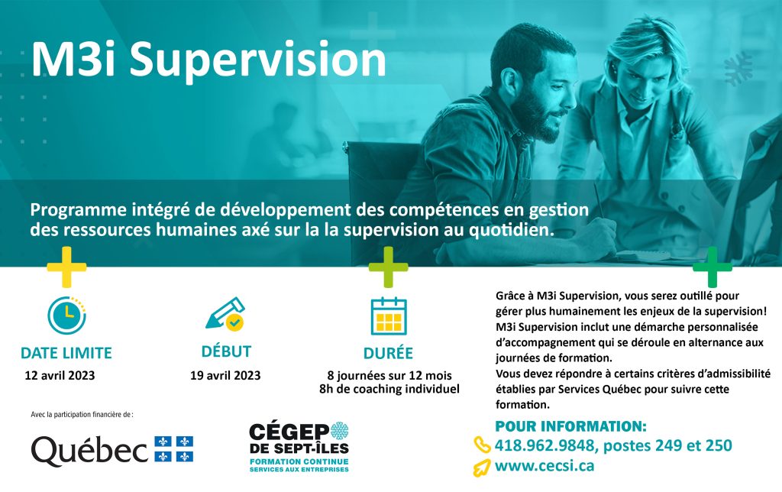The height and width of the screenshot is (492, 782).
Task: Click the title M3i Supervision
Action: tap(208, 60)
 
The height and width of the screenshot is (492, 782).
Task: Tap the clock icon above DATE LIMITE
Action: tap(67, 315)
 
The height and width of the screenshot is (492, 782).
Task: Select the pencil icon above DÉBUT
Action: tap(225, 314)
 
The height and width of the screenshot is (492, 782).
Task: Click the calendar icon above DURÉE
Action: tap(389, 316)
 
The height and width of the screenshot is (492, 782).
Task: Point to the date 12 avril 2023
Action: tap(60, 375)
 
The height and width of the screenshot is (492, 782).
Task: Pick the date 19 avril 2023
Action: tap(225, 375)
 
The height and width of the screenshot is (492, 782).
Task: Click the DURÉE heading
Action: tap(389, 353)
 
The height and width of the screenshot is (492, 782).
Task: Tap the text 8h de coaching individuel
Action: tap(389, 389)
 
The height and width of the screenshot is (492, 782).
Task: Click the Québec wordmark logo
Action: tap(90, 450)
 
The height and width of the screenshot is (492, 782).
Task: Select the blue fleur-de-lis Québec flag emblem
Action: tap(173, 449)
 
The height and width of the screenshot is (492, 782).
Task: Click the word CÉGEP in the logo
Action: tap(289, 432)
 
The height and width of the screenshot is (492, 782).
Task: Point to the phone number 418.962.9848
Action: tap(544, 445)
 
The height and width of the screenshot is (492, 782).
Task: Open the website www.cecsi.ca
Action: tap(544, 465)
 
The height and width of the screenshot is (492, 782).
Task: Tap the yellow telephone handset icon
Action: tap(483, 445)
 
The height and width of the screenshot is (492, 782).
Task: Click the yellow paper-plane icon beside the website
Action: tap(482, 468)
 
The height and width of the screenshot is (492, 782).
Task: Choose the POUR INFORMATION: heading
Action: tap(571, 426)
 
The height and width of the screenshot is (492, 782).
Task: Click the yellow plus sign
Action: tap(67, 267)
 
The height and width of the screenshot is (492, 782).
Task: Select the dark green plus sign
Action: tap(713, 267)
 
